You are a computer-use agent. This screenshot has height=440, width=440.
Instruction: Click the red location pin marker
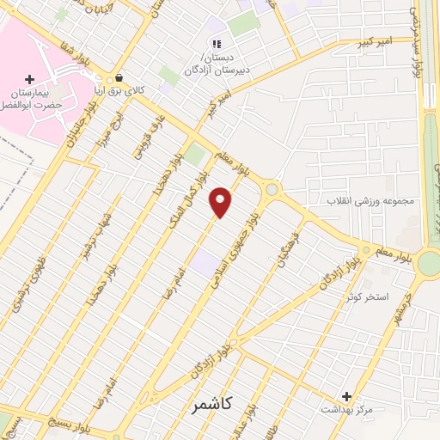[x=222, y=201]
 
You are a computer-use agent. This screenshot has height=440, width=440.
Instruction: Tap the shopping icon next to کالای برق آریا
[x=128, y=76]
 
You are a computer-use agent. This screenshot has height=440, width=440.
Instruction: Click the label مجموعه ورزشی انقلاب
[x=369, y=201]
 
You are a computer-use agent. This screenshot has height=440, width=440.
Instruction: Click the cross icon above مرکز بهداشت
[x=347, y=396]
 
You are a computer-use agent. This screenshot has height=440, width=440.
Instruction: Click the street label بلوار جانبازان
[x=76, y=132]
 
